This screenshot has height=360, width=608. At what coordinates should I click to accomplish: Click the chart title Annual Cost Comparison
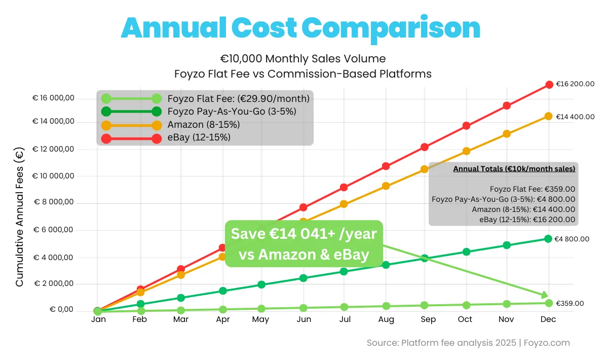click(300, 28)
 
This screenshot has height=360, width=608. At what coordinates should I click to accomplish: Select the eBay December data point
click(548, 85)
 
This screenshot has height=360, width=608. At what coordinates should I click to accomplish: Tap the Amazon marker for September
click(425, 169)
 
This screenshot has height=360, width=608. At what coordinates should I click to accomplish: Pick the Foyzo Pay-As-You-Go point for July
click(344, 271)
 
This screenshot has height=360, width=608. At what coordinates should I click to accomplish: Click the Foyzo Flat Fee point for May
click(261, 308)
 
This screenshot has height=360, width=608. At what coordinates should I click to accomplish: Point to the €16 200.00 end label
click(575, 84)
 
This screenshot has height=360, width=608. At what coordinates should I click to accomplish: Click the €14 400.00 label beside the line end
click(575, 117)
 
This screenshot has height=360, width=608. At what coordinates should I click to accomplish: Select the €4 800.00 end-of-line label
click(572, 239)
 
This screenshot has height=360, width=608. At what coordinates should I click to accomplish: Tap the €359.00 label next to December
click(569, 303)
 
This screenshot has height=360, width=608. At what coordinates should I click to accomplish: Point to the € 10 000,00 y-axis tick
click(53, 176)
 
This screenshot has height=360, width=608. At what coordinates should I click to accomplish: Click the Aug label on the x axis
click(386, 319)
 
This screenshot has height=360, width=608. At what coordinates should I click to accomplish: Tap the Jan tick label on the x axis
click(98, 319)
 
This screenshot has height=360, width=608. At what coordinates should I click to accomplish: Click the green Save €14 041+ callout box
click(303, 244)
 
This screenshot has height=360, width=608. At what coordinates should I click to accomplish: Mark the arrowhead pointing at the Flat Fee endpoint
click(544, 295)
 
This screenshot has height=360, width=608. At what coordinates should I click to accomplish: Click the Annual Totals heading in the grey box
click(514, 169)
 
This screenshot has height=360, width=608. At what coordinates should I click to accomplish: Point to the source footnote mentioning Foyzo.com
click(468, 343)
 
